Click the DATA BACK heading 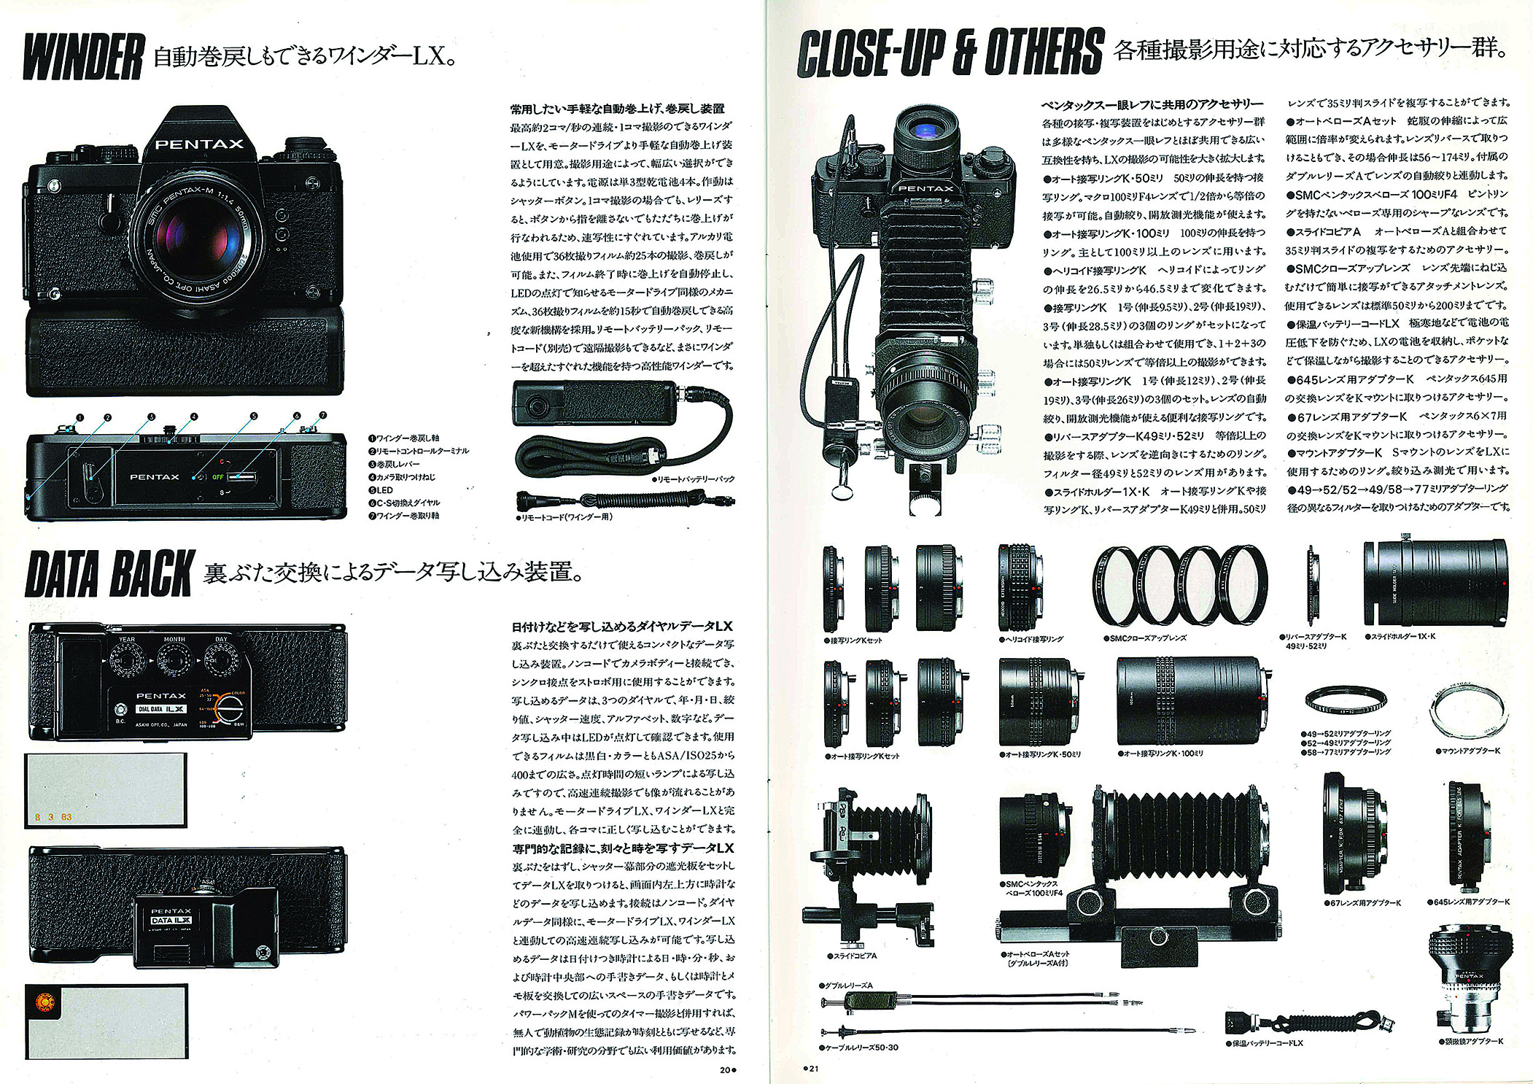(109, 575)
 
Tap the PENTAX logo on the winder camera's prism (199, 144)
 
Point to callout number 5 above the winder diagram (254, 416)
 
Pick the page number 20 (725, 1069)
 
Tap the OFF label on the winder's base (217, 477)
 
